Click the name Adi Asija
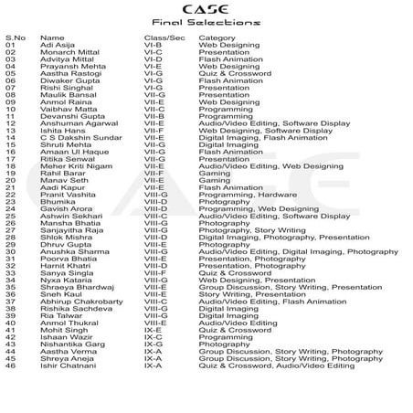pyautogui.click(x=57, y=44)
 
